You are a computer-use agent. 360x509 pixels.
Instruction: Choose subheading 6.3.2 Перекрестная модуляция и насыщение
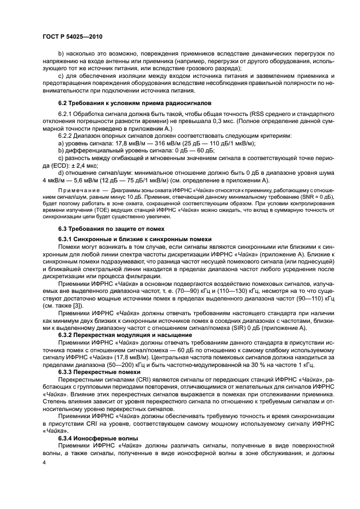(125, 335)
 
